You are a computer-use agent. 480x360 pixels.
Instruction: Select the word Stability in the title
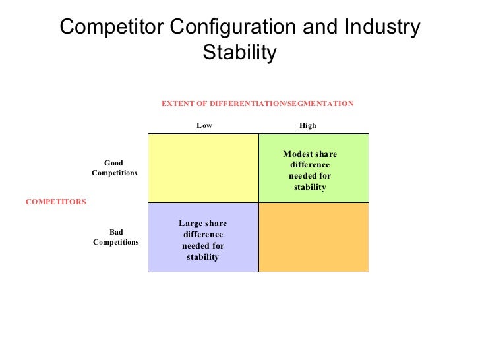pyautogui.click(x=239, y=52)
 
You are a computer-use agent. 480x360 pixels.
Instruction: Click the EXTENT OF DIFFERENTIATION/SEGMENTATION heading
pyautogui.click(x=258, y=104)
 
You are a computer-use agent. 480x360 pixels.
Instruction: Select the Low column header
pyautogui.click(x=204, y=125)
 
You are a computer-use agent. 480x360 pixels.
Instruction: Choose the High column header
pyautogui.click(x=308, y=125)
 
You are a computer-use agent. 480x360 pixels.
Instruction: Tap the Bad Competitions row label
pyautogui.click(x=116, y=237)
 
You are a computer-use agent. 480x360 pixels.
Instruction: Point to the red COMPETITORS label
pyautogui.click(x=55, y=202)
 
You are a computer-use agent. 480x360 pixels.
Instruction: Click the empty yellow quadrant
pyautogui.click(x=203, y=167)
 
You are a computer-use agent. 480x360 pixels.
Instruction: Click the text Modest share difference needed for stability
pyautogui.click(x=310, y=171)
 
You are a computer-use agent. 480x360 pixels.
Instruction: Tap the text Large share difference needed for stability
pyautogui.click(x=202, y=240)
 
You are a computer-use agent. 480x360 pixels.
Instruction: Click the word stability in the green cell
pyautogui.click(x=310, y=188)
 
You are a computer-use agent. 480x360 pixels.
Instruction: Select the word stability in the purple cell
pyautogui.click(x=202, y=257)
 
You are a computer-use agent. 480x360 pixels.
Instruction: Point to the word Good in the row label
pyautogui.click(x=115, y=163)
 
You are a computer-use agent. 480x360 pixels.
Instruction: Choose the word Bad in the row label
pyautogui.click(x=116, y=233)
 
